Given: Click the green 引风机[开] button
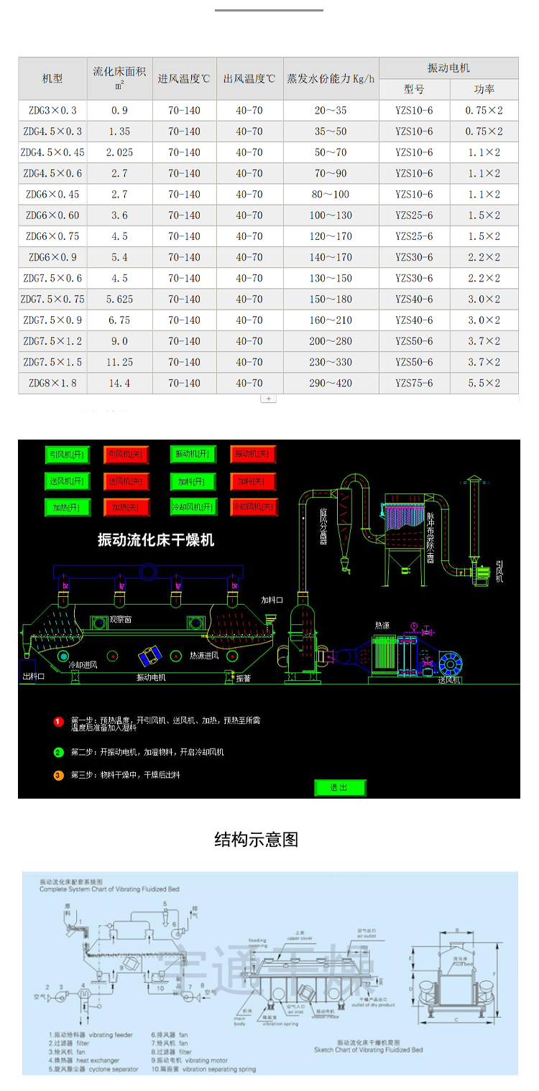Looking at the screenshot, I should coord(66,455).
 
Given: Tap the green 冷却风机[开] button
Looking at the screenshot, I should coord(192,507).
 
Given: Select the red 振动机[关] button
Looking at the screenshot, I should coord(253,455).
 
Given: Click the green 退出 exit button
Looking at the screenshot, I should coord(339,788).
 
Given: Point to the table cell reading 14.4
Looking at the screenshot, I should coord(119,384).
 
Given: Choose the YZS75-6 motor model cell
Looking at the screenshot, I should coord(414,384).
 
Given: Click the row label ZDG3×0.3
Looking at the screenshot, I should coord(52,111).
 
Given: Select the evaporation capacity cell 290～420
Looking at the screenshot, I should coord(331,384).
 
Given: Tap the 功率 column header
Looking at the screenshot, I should coord(484,90).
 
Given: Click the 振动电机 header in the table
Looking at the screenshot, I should coord(448,68).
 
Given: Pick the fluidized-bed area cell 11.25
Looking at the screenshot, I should coord(119,362).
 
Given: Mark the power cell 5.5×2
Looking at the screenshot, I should coord(484,384).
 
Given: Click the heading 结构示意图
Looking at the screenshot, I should coord(256,839).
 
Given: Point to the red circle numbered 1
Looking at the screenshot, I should coord(58,721).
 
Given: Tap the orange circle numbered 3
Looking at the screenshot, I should coord(58,775).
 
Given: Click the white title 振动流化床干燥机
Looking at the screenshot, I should coord(156,539).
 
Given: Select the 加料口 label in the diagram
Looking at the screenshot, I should coord(272,600).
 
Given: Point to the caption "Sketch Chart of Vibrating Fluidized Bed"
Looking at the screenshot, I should coord(368,1050).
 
